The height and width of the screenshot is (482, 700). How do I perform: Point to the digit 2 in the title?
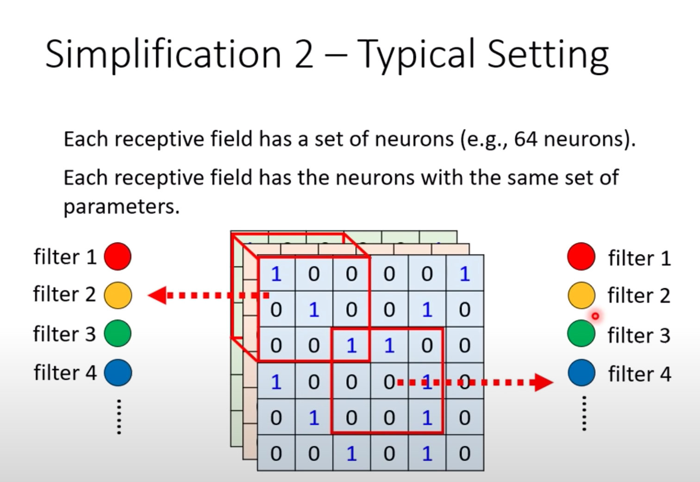pyautogui.click(x=304, y=55)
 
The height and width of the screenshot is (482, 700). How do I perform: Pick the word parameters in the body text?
pyautogui.click(x=121, y=207)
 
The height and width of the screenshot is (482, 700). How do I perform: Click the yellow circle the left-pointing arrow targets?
pyautogui.click(x=118, y=295)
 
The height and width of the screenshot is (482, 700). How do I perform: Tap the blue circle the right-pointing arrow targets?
pyautogui.click(x=581, y=373)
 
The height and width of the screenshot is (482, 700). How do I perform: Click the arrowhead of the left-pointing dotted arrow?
pyautogui.click(x=157, y=295)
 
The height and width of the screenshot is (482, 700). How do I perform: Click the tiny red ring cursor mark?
pyautogui.click(x=595, y=316)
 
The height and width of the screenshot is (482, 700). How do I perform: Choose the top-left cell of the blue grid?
pyautogui.click(x=276, y=274)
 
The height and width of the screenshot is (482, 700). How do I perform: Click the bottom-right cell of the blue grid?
pyautogui.click(x=465, y=453)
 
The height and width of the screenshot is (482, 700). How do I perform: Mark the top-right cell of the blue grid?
pyautogui.click(x=465, y=274)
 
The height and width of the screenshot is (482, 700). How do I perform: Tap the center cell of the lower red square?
pyautogui.click(x=389, y=382)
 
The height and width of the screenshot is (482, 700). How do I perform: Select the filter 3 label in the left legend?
pyautogui.click(x=64, y=334)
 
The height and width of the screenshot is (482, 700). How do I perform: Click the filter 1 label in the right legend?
pyautogui.click(x=639, y=258)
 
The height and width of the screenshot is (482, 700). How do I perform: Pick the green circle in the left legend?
pyautogui.click(x=118, y=334)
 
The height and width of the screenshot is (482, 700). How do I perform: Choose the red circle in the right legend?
pyautogui.click(x=581, y=256)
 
